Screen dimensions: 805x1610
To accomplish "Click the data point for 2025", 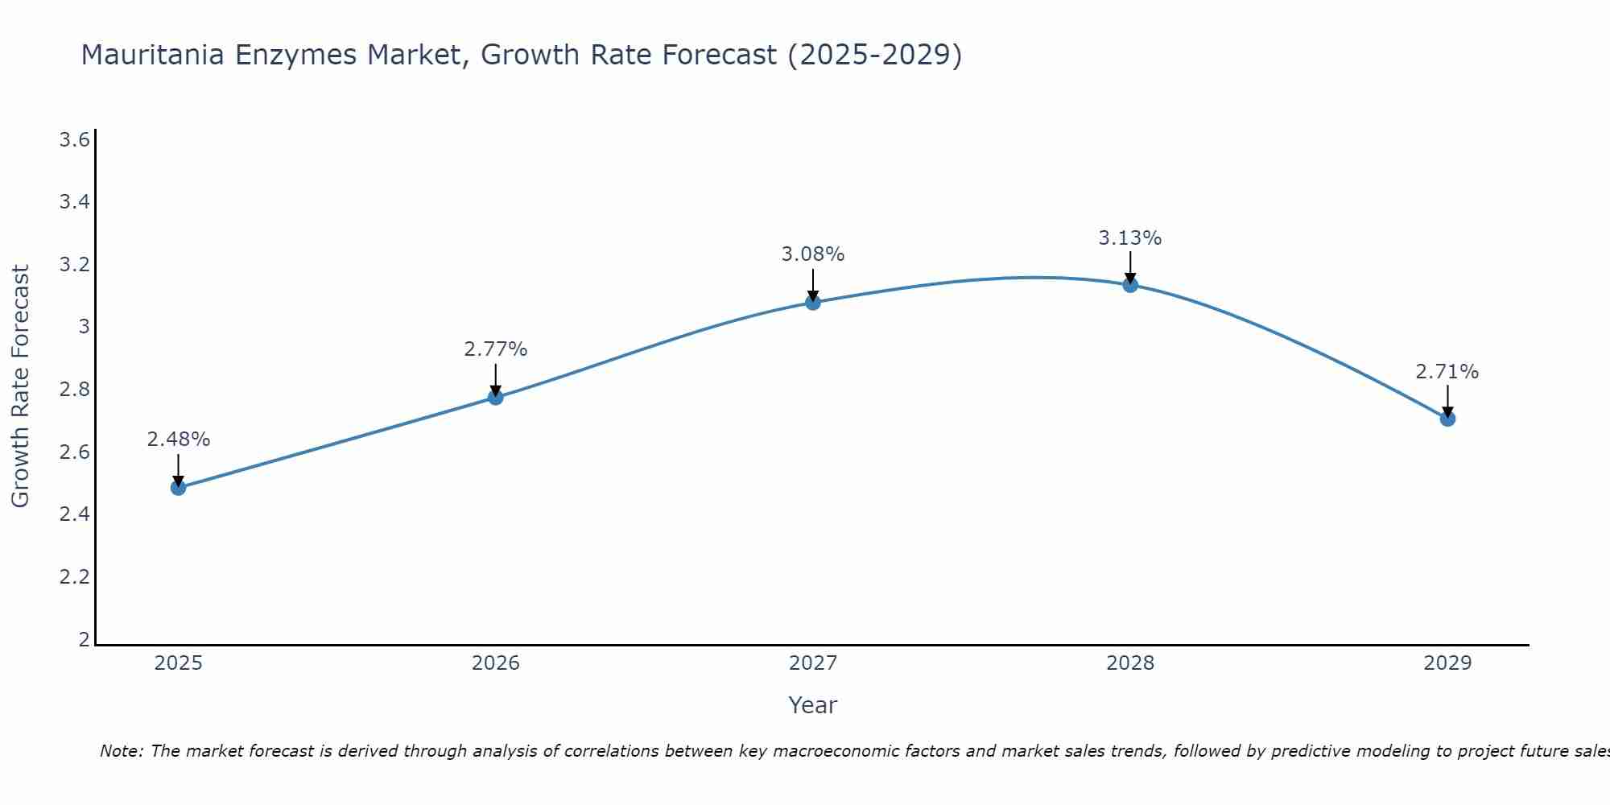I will pyautogui.click(x=179, y=487).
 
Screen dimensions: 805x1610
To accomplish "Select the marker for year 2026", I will pyautogui.click(x=496, y=397).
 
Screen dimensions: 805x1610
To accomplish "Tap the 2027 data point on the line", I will pyautogui.click(x=813, y=302).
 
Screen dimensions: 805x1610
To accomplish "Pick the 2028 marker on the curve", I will pyautogui.click(x=1130, y=284).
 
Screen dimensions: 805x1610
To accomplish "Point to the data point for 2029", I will pyautogui.click(x=1447, y=418).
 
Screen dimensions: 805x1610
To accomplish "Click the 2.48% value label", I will pyautogui.click(x=179, y=440).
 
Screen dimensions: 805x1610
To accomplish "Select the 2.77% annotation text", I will pyautogui.click(x=496, y=349).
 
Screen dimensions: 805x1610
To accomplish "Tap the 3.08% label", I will pyautogui.click(x=813, y=254).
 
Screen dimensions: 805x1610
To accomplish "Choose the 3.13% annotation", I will pyautogui.click(x=1130, y=238).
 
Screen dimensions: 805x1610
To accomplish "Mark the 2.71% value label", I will pyautogui.click(x=1447, y=372).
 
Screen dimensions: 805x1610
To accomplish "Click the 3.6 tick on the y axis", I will pyautogui.click(x=74, y=140).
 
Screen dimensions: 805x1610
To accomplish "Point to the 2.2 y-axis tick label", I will pyautogui.click(x=74, y=577).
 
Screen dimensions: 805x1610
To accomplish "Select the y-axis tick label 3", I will pyautogui.click(x=84, y=327).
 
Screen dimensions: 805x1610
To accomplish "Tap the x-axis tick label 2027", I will pyautogui.click(x=813, y=663).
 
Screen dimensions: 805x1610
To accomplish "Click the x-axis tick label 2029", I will pyautogui.click(x=1447, y=663).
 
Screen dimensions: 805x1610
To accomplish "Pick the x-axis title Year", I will pyautogui.click(x=813, y=705).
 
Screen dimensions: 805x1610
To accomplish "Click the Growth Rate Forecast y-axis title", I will pyautogui.click(x=21, y=386).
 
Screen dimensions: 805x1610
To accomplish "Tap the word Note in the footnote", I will pyautogui.click(x=121, y=751).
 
